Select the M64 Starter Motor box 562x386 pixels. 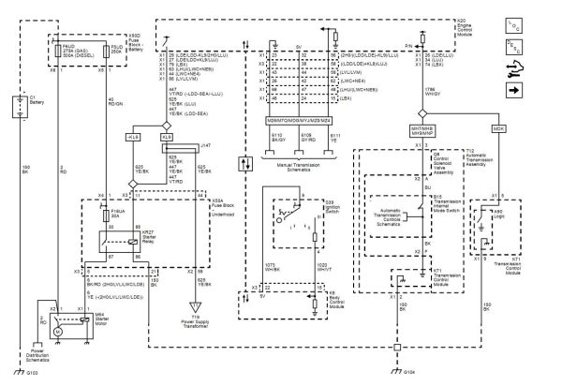(56, 331)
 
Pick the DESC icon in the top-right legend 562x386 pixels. (542, 45)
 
